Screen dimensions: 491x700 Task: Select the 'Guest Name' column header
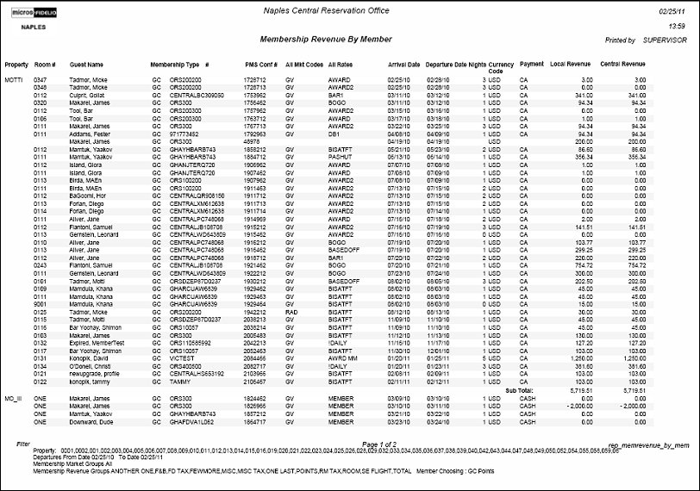point(86,65)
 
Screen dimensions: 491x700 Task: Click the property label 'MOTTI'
point(13,79)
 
